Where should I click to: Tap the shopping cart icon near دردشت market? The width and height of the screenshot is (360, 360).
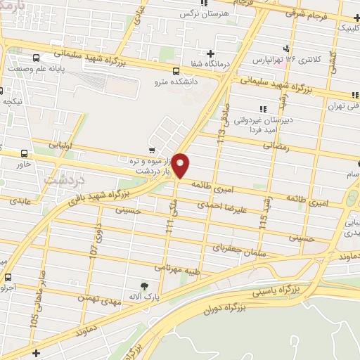tap(152, 150)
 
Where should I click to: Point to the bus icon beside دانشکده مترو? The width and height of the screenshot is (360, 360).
tap(176, 70)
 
